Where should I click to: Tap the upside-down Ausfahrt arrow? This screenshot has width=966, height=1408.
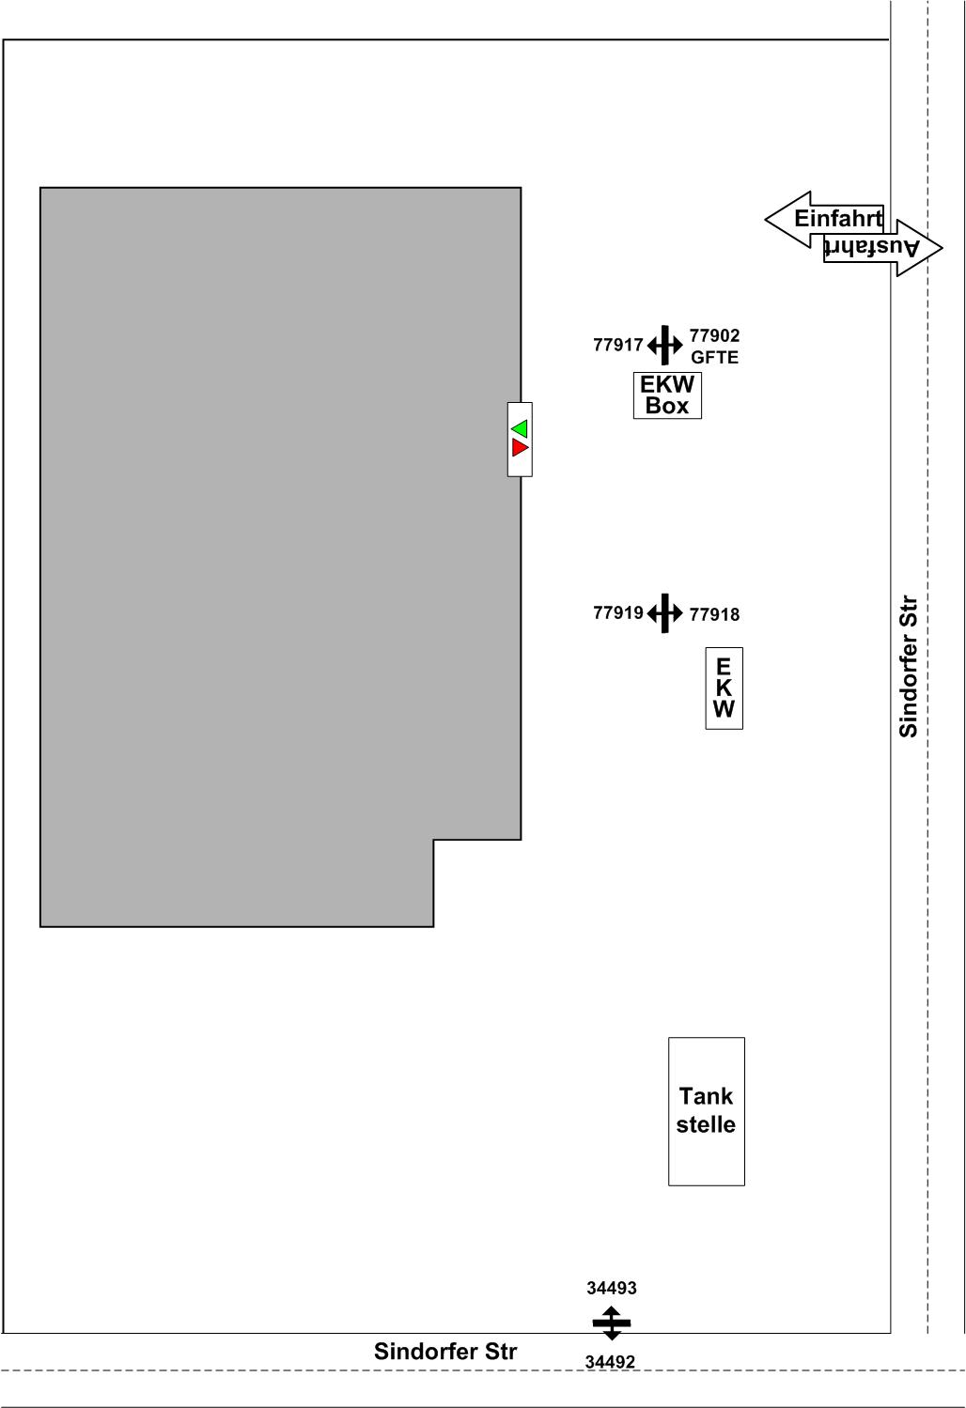[x=883, y=248]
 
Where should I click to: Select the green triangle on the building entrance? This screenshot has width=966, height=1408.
[x=520, y=428]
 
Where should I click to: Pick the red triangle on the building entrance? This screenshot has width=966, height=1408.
[x=520, y=447]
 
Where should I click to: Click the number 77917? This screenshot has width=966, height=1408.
[x=618, y=345]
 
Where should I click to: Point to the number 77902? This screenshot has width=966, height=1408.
[x=714, y=335]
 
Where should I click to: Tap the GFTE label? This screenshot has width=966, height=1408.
[x=714, y=357]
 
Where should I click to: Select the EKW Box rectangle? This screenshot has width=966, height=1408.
[x=667, y=395]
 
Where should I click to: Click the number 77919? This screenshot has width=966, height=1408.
[x=618, y=612]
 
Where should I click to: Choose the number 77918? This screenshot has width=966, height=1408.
[x=714, y=614]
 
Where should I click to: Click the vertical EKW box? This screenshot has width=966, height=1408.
[x=724, y=689]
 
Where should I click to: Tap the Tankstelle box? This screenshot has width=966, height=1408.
[x=707, y=1111]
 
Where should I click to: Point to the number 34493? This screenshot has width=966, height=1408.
[x=612, y=1288]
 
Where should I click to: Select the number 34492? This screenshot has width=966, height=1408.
[x=610, y=1361]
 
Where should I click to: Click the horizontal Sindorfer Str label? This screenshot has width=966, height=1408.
[x=445, y=1352]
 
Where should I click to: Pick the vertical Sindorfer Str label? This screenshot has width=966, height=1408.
[x=909, y=667]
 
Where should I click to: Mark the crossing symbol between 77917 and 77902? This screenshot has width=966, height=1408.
[x=664, y=345]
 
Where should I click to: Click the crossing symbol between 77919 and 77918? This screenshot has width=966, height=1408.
[x=664, y=612]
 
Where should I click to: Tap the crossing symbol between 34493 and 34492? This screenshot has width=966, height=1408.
[x=612, y=1323]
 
